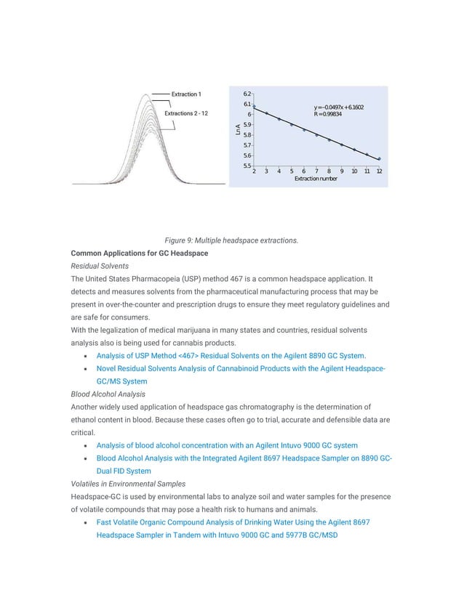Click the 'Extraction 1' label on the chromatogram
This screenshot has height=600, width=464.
(x=186, y=94)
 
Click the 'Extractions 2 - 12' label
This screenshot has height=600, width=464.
(x=186, y=114)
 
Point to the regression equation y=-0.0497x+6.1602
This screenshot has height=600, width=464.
(x=338, y=108)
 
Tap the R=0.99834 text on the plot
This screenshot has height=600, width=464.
(x=329, y=114)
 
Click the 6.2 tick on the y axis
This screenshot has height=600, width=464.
(x=247, y=94)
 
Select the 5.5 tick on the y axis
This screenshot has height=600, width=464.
(x=247, y=166)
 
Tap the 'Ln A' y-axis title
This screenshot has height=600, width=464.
(x=238, y=130)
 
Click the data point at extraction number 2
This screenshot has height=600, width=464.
(x=254, y=108)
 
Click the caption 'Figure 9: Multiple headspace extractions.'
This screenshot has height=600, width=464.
(x=231, y=240)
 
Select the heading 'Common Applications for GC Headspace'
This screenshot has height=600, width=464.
(x=139, y=253)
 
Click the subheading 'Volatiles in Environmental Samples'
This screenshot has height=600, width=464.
(x=129, y=483)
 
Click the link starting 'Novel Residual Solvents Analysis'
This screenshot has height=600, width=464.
(x=241, y=368)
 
